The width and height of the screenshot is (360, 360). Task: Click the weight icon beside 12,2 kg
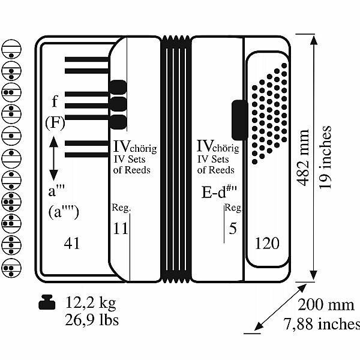47,302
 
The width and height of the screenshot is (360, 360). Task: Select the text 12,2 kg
91,302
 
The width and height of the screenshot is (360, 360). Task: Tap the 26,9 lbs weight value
92,320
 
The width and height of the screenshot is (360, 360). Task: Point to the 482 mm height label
302,157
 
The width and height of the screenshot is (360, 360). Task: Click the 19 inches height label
325,157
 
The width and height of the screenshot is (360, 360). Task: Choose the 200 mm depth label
326,305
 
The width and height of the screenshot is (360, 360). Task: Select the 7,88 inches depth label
322,323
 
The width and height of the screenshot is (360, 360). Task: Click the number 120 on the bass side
267,243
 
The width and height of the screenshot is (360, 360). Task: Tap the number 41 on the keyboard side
72,243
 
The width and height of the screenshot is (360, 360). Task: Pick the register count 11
121,229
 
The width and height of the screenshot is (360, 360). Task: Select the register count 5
233,229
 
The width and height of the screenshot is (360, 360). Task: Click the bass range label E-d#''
219,191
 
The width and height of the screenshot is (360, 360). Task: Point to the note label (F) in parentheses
55,123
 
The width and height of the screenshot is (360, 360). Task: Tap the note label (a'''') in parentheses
64,212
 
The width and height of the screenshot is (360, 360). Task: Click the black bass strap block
240,120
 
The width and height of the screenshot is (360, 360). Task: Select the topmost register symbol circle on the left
11,49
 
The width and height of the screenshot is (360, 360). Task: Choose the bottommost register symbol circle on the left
11,268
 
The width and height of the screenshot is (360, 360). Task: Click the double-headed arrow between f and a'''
54,158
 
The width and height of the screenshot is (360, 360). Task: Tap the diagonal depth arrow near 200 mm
281,307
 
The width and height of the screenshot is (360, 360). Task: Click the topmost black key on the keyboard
87,59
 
